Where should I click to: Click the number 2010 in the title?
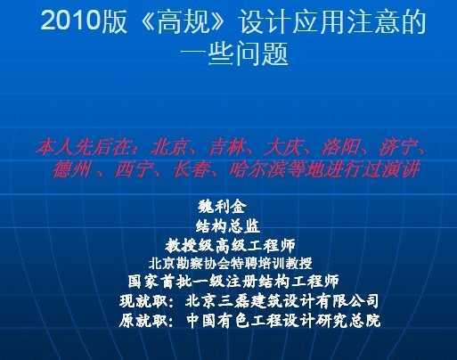pos(70,20)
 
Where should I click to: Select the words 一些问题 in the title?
pos(234,53)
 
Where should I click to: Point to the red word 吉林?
pos(227,147)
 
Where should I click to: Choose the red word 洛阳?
pos(340,147)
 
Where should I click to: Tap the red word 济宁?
pos(397,147)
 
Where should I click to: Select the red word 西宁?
pos(134,170)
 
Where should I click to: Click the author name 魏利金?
pos(222,207)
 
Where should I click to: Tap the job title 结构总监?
pos(228,226)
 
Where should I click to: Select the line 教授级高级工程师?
pos(230,245)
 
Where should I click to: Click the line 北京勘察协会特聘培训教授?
pos(231,263)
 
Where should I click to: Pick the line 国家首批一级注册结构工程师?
pos(233,282)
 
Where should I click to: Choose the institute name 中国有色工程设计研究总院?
pos(283,321)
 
